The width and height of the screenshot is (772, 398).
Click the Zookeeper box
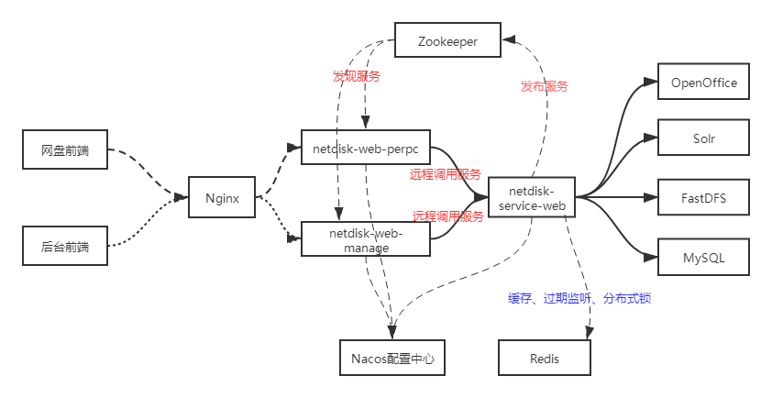(448, 42)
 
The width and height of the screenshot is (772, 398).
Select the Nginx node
(221, 197)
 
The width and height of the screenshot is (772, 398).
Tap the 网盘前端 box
(65, 150)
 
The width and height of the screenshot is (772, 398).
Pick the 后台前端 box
(65, 247)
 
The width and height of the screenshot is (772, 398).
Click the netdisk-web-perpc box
(366, 147)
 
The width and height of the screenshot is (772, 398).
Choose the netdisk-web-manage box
(366, 239)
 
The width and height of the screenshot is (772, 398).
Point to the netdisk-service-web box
(532, 197)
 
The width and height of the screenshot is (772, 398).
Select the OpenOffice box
(704, 83)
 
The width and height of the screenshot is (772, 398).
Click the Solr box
(704, 139)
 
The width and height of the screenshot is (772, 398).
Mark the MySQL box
(704, 258)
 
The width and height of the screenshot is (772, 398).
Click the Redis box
(545, 358)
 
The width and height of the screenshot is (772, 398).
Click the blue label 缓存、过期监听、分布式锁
(579, 299)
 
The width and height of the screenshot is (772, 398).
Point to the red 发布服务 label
(545, 86)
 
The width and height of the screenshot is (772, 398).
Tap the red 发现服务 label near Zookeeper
(356, 77)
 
